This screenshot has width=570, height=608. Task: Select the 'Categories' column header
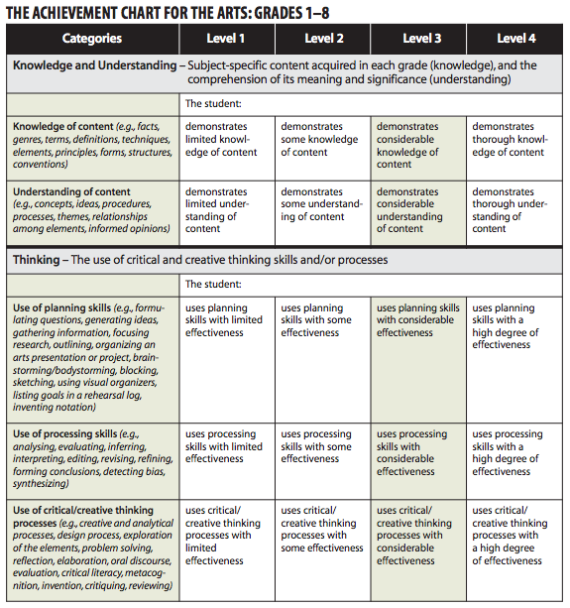[x=91, y=39]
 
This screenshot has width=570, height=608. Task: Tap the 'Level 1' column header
[x=226, y=39]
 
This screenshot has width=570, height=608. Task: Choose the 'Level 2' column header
[x=324, y=39]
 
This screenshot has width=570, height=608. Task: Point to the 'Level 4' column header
[x=515, y=39]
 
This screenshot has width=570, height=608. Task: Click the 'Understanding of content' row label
[x=70, y=191]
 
